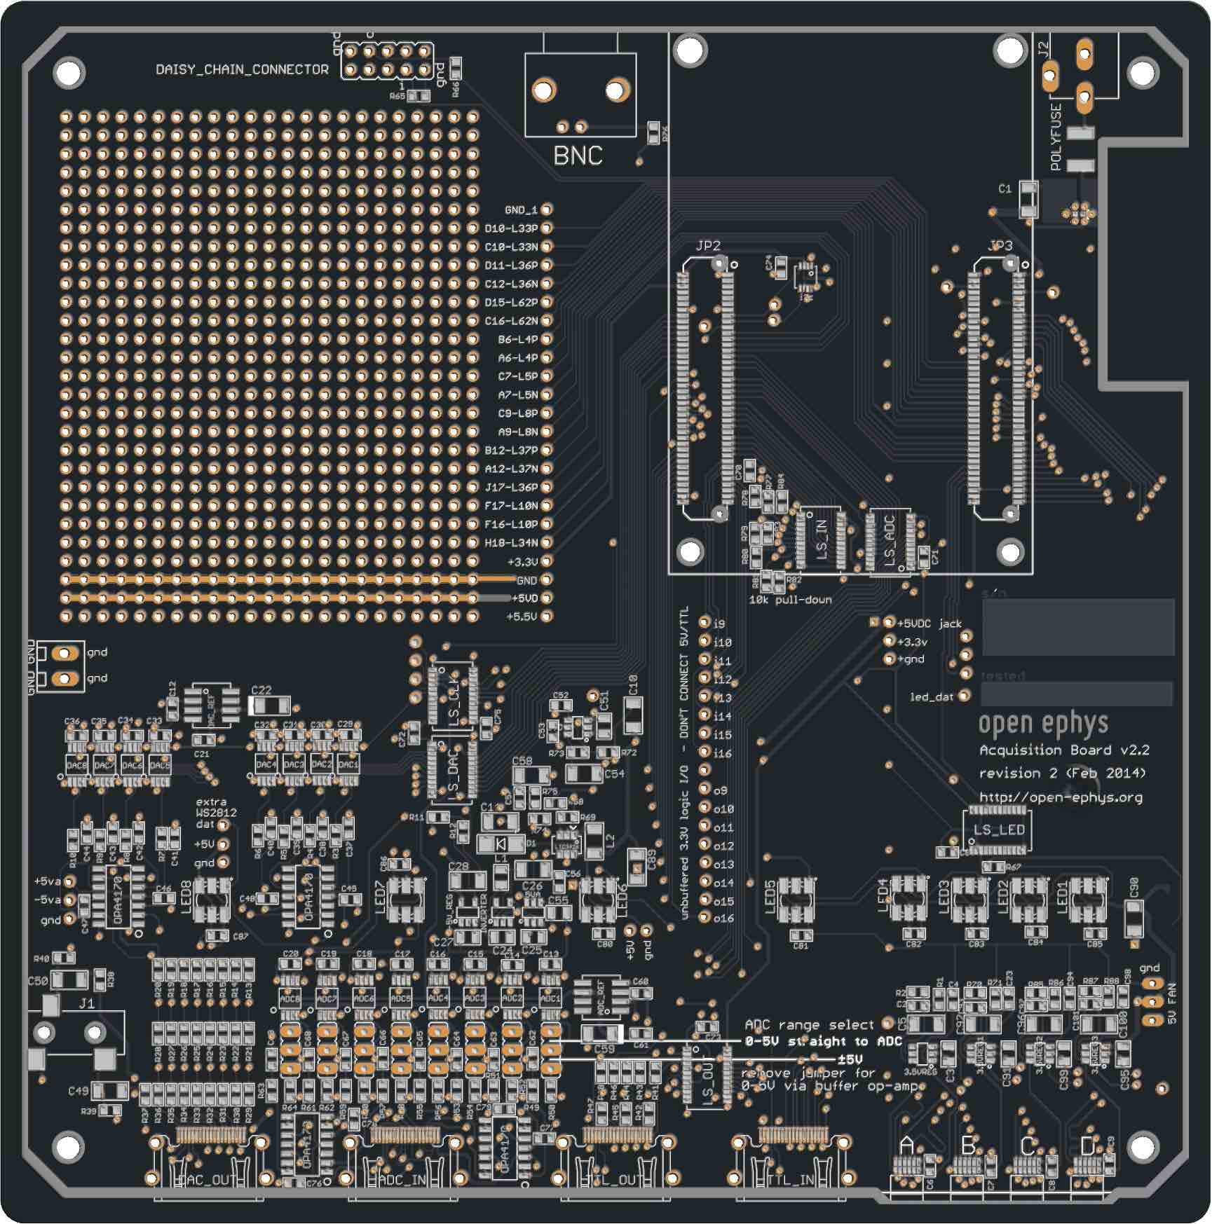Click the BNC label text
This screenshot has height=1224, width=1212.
(x=578, y=155)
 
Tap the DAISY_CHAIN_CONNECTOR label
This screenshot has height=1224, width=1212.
(x=242, y=69)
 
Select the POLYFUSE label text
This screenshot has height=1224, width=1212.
(x=1056, y=137)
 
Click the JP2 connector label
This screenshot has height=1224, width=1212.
(x=708, y=245)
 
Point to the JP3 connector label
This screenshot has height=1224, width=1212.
(x=1000, y=245)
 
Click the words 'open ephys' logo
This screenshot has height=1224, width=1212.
(x=1043, y=723)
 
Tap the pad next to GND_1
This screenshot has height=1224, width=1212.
(x=547, y=209)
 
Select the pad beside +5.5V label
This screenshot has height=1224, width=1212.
(x=547, y=616)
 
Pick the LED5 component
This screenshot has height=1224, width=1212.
(x=796, y=899)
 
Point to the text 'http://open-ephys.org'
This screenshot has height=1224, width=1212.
(x=1061, y=797)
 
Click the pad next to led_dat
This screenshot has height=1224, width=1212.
(x=965, y=696)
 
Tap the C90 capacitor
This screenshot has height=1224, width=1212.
(x=1133, y=918)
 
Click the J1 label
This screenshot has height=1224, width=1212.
(x=86, y=1003)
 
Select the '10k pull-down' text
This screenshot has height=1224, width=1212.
(x=790, y=600)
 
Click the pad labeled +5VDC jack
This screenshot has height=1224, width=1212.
(x=889, y=622)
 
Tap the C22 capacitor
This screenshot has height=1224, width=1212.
(x=269, y=706)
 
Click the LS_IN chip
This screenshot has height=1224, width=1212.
(x=821, y=539)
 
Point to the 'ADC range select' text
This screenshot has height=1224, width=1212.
(x=809, y=1024)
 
